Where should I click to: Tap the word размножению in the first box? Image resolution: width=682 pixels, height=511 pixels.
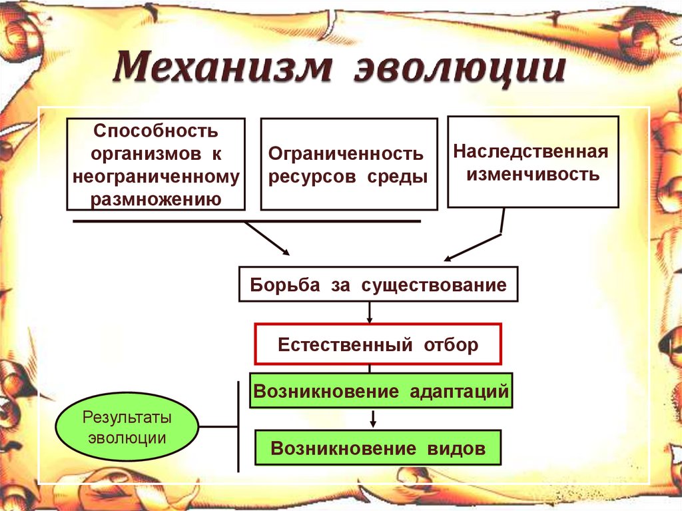pyautogui.click(x=155, y=199)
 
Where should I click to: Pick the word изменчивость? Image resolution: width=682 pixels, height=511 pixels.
pyautogui.click(x=533, y=175)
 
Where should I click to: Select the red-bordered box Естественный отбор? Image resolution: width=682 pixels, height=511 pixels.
pyautogui.click(x=377, y=344)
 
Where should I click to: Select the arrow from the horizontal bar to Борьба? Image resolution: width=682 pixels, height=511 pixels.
pyautogui.click(x=266, y=238)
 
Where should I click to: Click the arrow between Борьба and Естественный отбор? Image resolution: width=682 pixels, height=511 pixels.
pyautogui.click(x=370, y=312)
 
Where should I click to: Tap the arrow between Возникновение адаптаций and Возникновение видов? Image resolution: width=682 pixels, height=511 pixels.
pyautogui.click(x=373, y=418)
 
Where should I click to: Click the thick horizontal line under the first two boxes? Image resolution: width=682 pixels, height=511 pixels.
pyautogui.click(x=246, y=220)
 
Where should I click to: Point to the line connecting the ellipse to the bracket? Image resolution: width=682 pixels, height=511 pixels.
pyautogui.click(x=218, y=426)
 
